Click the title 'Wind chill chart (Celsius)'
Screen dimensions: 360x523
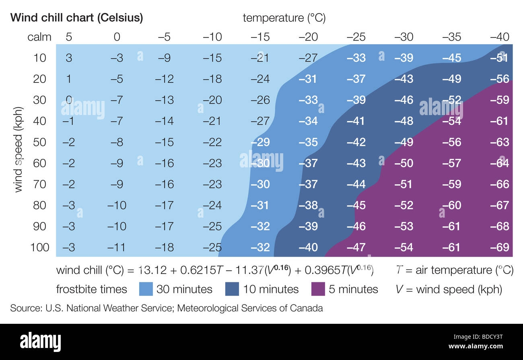76,18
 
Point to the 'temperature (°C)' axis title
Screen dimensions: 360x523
284,18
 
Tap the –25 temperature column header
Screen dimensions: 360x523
356,37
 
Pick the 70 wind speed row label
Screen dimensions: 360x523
39,184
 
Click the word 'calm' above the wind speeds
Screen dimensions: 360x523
39,37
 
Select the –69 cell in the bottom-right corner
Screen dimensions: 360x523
500,247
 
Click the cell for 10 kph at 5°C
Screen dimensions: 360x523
69,58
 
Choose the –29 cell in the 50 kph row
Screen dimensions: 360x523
260,142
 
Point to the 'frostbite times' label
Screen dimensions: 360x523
91,289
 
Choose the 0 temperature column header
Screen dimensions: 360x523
117,37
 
